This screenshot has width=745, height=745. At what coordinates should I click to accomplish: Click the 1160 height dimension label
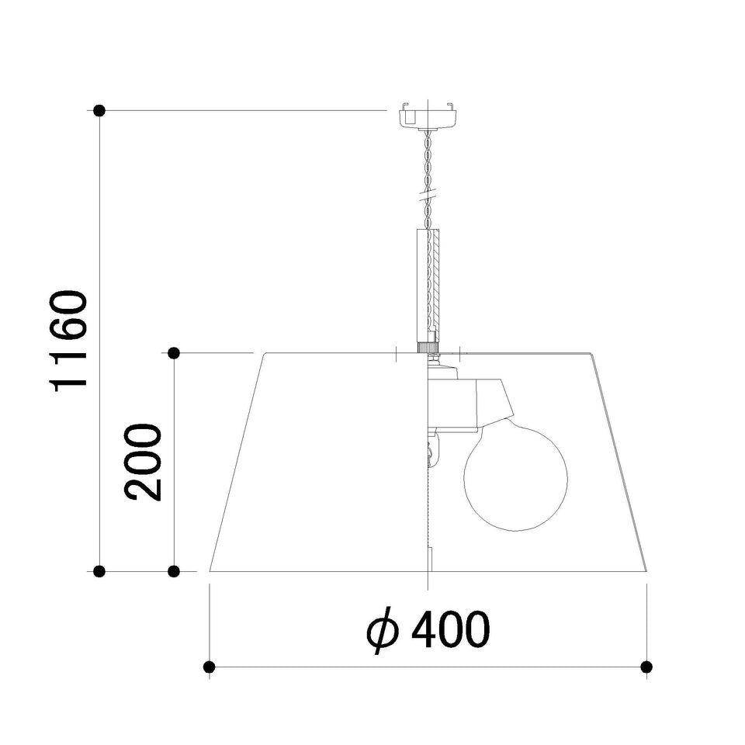pos(69,341)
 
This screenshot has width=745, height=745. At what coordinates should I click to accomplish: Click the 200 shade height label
pos(143,462)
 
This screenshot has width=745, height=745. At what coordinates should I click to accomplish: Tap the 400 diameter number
pos(450,629)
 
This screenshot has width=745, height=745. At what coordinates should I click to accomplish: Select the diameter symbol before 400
pos(382,630)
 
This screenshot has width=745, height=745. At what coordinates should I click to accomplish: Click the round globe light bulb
pos(515,477)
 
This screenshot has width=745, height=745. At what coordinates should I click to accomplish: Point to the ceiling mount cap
pos(428,114)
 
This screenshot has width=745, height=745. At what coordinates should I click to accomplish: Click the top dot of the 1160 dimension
pos(99,111)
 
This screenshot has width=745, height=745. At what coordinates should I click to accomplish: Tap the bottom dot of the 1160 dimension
pos(99,571)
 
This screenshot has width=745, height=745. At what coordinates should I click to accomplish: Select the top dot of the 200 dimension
pos(174,353)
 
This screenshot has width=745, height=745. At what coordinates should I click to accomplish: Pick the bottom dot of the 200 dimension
pos(174,571)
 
